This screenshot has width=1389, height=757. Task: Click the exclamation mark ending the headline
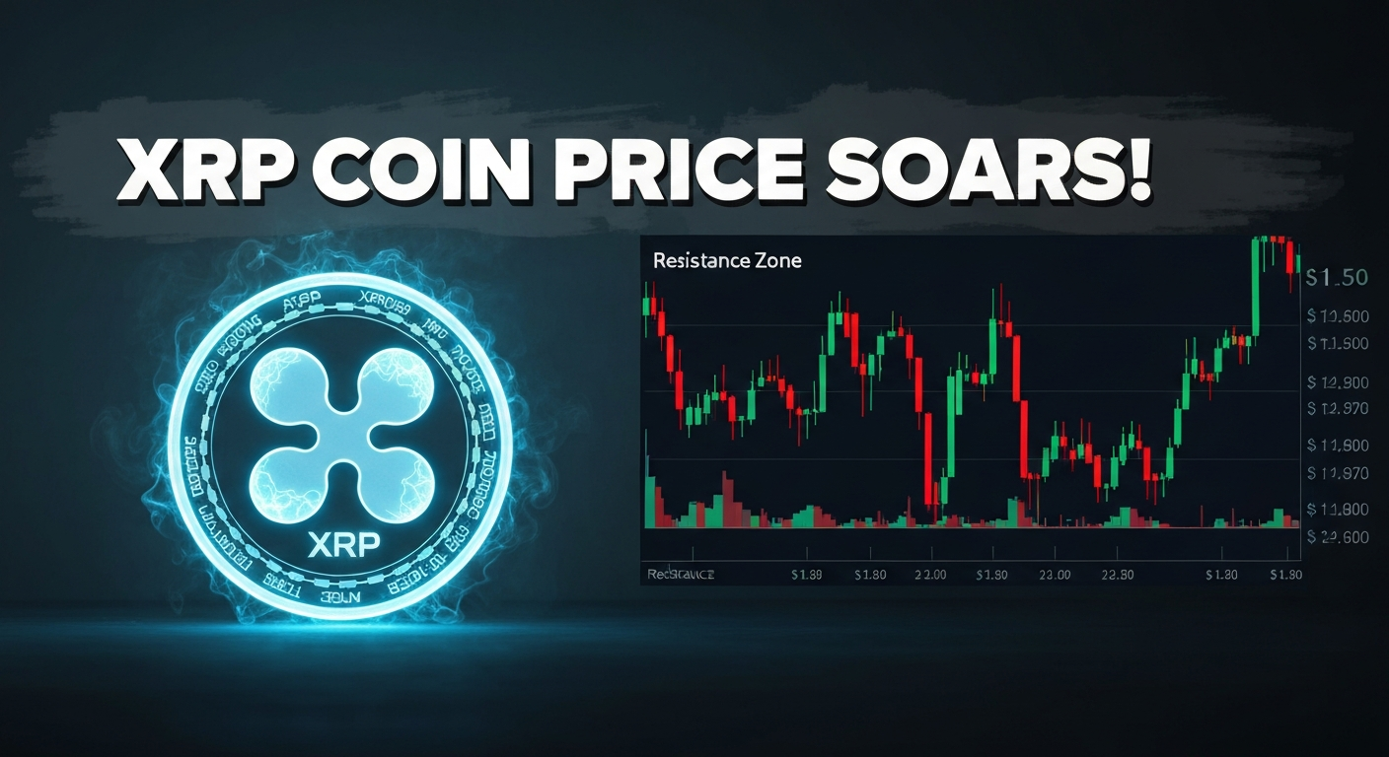(x=1137, y=174)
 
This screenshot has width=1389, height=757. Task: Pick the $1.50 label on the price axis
(x=1336, y=278)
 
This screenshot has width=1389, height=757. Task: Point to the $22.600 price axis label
(x=1338, y=537)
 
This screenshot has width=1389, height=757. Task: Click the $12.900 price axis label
(x=1337, y=381)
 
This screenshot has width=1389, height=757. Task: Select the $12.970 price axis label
(x=1337, y=408)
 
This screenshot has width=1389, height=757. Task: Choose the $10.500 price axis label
(x=1337, y=316)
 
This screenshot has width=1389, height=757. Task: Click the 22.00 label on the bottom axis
(x=930, y=574)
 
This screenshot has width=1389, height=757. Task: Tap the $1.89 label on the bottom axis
(x=808, y=574)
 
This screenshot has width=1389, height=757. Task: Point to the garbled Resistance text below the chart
(x=680, y=574)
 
